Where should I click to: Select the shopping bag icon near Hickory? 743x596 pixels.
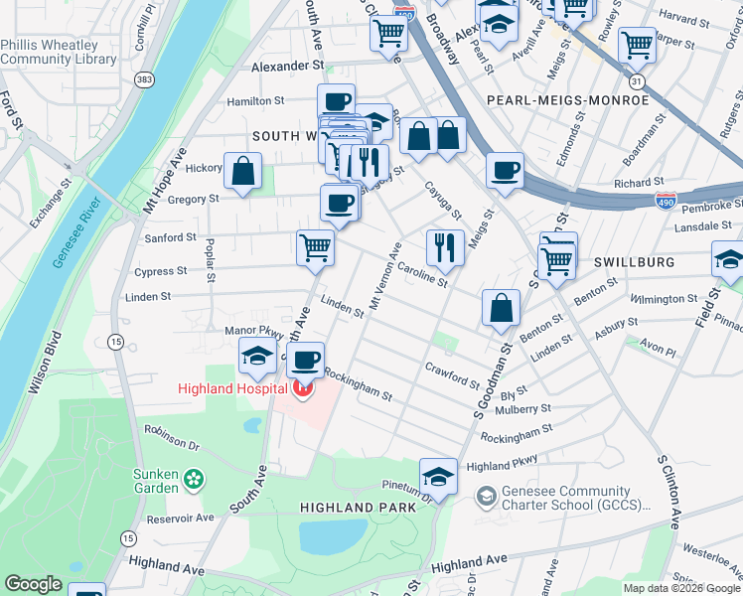pos(242,170)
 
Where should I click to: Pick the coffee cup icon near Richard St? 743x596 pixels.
pos(505,170)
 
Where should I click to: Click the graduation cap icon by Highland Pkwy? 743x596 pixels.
pos(437,475)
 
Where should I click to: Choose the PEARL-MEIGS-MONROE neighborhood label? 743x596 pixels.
pos(567,100)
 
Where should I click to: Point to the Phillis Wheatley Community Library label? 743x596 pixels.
pos(59,53)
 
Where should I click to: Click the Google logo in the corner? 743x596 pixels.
pos(34,584)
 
